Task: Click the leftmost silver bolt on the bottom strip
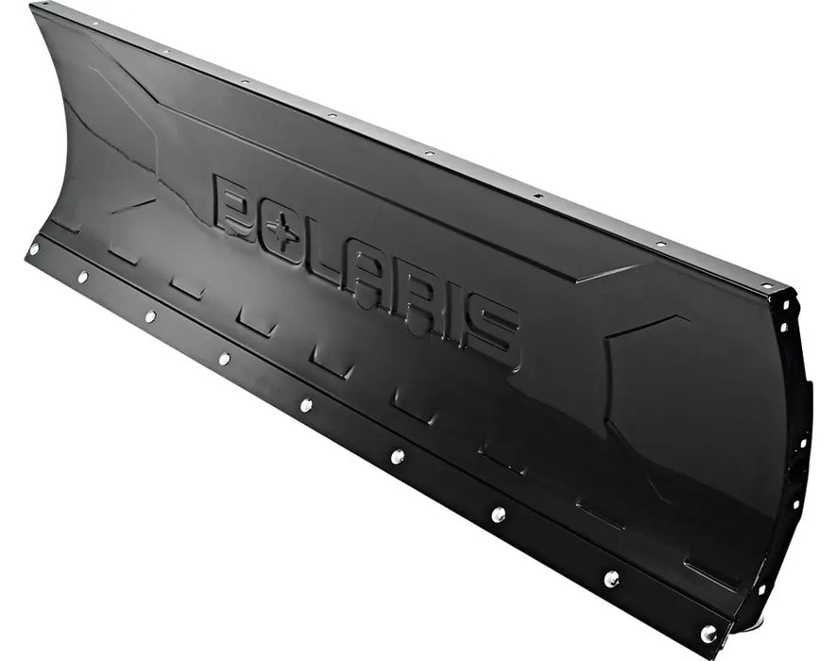(x=34, y=250)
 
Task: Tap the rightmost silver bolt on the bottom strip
(x=708, y=633)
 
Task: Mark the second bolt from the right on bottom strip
(x=611, y=578)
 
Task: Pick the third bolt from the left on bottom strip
(x=150, y=315)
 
